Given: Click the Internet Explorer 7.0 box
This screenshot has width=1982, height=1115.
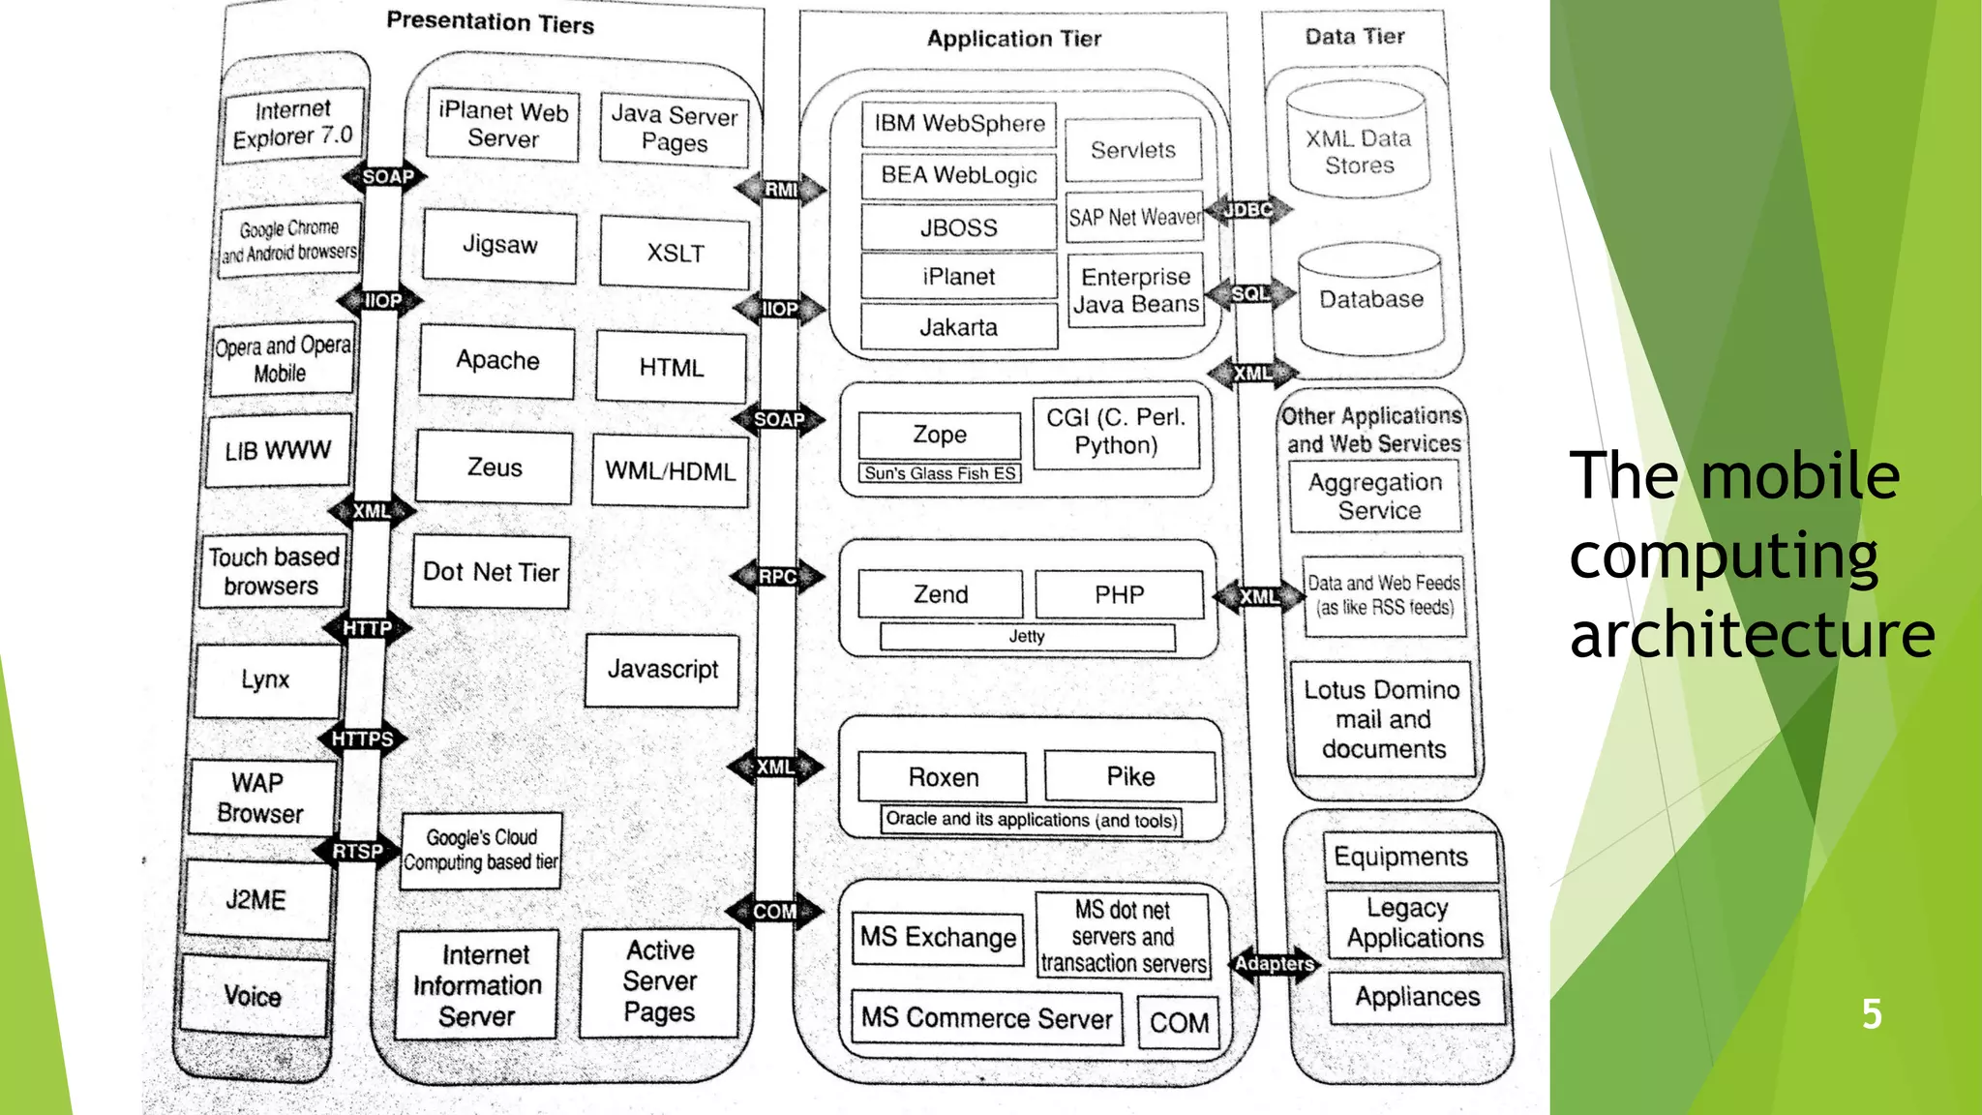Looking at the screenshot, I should tap(293, 124).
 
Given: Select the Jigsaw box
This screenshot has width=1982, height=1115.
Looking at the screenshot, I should tap(499, 245).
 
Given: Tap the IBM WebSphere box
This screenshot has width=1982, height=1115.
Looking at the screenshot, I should tap(958, 124).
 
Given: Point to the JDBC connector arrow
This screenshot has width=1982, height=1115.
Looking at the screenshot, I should tap(1247, 210).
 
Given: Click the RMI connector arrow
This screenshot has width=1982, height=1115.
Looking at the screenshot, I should tap(780, 190).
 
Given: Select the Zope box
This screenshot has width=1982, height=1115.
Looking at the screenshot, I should tap(939, 436).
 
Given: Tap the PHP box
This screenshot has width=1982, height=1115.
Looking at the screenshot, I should tap(1119, 594).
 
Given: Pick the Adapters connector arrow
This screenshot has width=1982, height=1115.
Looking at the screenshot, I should tap(1274, 964).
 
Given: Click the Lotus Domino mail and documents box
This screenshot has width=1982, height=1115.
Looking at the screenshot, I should tap(1382, 719).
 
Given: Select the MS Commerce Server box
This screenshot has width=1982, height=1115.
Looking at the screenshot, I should tap(986, 1018).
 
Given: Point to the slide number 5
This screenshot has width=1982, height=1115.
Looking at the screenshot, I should tap(1872, 1014).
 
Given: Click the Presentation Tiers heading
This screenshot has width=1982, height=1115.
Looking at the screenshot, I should tap(490, 22).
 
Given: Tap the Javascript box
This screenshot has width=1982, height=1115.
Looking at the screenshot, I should tap(662, 670).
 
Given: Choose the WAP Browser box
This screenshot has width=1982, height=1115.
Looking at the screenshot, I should tap(259, 798).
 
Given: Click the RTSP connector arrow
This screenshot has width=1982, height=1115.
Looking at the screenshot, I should tap(357, 852).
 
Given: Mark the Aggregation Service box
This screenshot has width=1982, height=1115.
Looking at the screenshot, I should tap(1375, 497).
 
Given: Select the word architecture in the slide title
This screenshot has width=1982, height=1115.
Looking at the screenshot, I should tap(1752, 636).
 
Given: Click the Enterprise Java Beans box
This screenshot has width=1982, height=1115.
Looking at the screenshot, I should tap(1135, 290).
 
